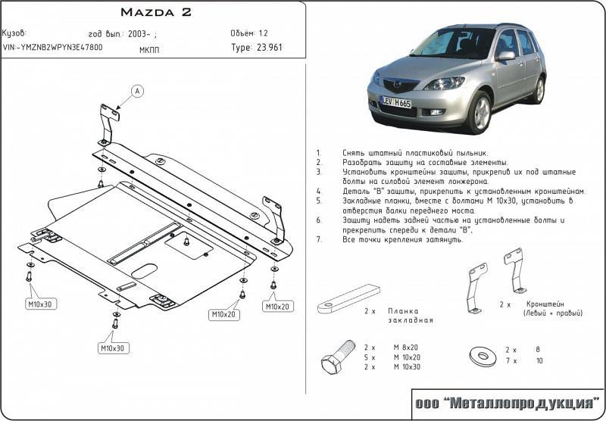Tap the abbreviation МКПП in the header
point(149,49)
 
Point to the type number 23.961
point(272,48)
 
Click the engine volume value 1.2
point(263,33)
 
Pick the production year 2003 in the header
point(139,33)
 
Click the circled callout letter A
point(137,92)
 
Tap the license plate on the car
point(397,102)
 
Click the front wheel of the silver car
point(479,112)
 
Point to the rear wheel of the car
point(538,89)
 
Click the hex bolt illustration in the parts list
point(338,357)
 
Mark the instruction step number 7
point(319,239)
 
